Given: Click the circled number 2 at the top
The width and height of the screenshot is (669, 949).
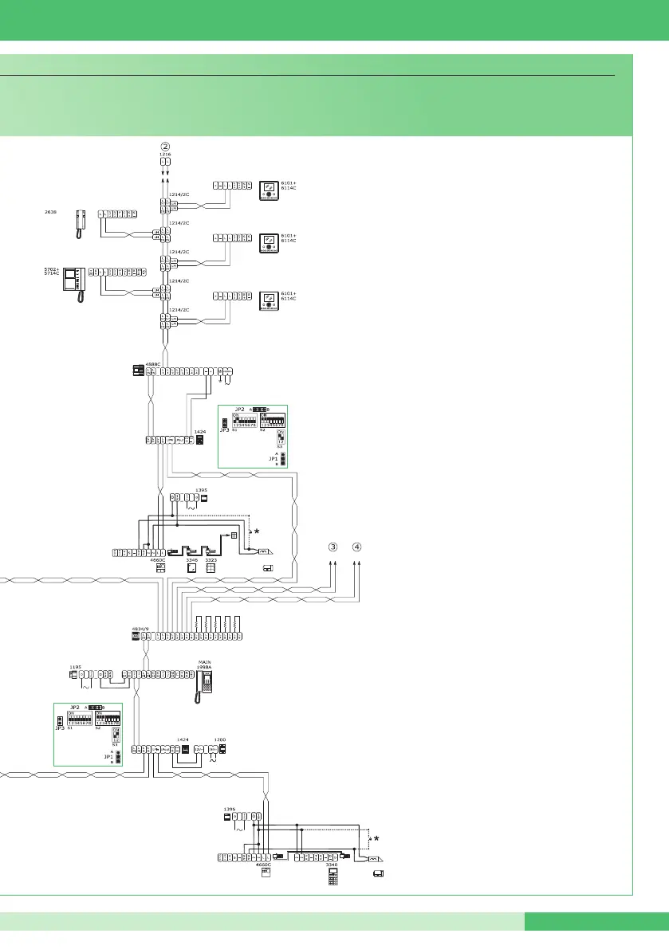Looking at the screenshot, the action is click(165, 146).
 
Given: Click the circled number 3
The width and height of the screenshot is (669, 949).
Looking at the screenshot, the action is click(333, 547).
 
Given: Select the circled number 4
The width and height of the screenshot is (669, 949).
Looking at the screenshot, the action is click(358, 547).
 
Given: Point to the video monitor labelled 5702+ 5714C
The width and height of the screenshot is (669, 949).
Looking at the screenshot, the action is click(75, 281).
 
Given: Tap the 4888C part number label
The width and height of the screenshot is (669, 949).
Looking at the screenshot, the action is click(153, 363).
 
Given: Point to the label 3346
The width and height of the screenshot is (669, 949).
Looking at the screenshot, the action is click(191, 561).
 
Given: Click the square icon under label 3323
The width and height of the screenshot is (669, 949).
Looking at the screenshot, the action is click(211, 570).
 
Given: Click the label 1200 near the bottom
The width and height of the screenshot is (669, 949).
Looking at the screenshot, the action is click(220, 739).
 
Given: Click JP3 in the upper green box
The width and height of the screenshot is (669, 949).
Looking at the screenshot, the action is click(224, 430).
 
